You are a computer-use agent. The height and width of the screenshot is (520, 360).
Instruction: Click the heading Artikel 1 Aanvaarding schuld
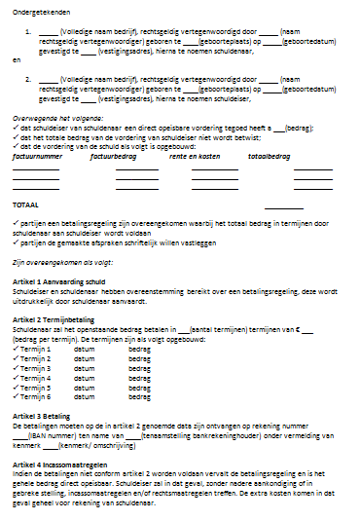coord(57,281)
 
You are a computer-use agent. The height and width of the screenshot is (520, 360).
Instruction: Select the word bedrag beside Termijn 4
coord(139,378)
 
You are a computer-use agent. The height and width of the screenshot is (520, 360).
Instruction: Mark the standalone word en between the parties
coord(15,59)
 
